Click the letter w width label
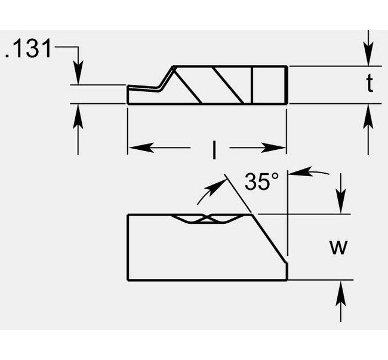tap(338, 247)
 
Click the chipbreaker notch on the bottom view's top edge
tap(206, 219)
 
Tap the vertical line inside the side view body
tap(254, 85)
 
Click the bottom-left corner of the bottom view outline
tap(128, 280)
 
